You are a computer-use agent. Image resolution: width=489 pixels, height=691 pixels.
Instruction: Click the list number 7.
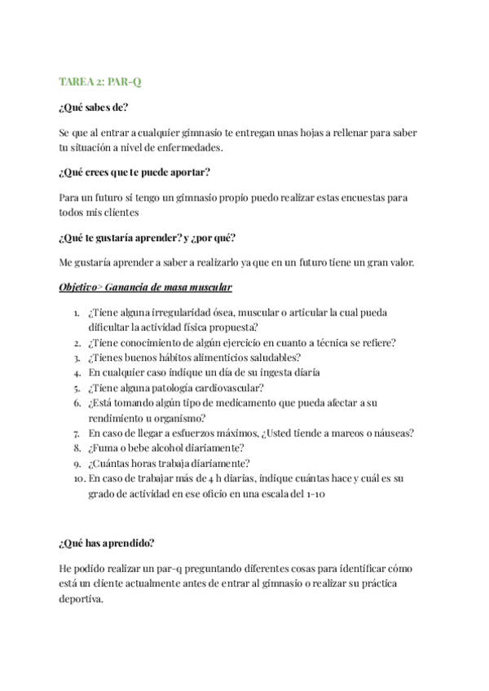pos(75,433)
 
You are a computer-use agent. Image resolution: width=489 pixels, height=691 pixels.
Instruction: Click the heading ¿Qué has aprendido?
pos(107,543)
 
